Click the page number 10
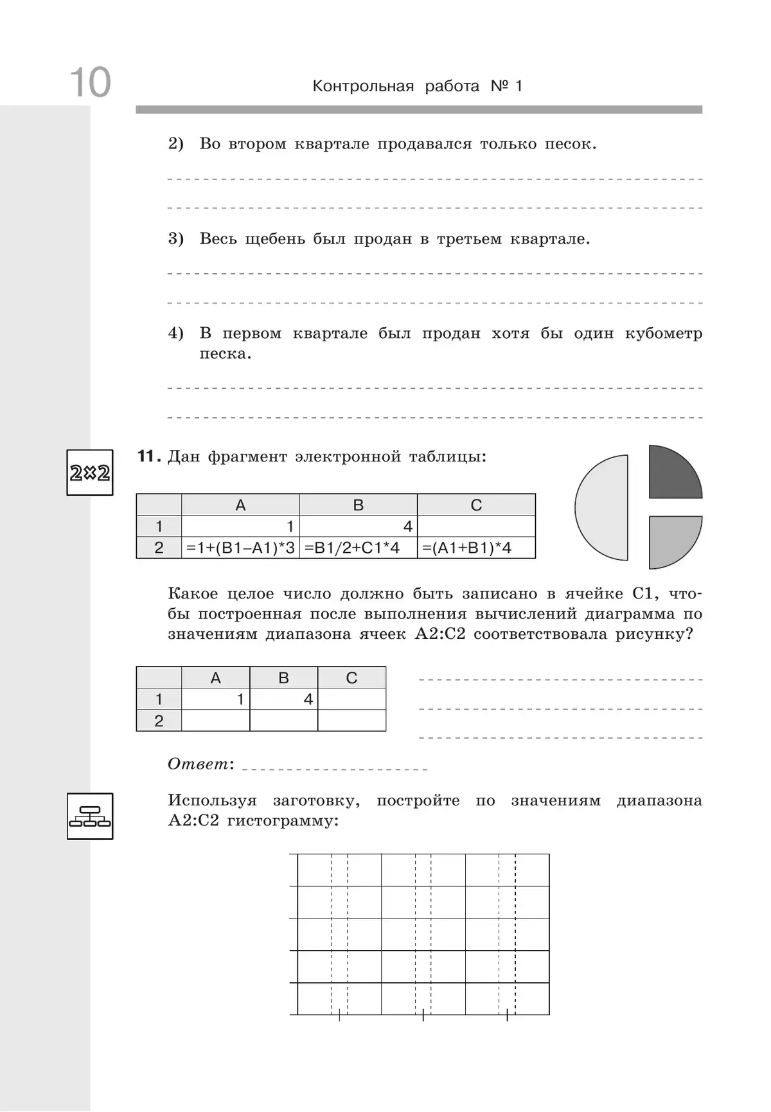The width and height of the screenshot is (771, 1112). pos(90,83)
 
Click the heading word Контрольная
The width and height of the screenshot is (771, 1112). pos(363,86)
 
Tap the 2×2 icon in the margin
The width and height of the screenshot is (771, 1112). pos(90,473)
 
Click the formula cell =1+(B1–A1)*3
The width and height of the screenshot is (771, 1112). pos(241,548)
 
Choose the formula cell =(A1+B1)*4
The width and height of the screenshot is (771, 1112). pos(467,548)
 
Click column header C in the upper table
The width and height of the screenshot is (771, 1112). pos(476,505)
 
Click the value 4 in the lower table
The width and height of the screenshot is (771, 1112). pos(308,699)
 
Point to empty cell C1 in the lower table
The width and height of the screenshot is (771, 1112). pos(351,699)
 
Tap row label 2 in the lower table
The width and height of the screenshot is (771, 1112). pos(159,721)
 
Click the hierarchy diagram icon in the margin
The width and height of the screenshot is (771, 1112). pos(90,816)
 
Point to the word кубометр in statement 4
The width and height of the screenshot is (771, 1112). pos(663,334)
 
